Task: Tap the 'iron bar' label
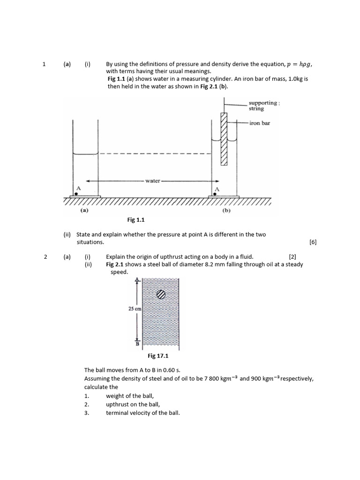click(x=259, y=123)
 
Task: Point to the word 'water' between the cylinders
click(x=153, y=180)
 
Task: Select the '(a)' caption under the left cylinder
click(x=84, y=211)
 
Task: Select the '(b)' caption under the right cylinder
click(x=226, y=211)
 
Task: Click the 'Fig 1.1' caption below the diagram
click(x=137, y=219)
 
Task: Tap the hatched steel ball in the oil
click(x=161, y=294)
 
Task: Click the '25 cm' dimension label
click(x=135, y=309)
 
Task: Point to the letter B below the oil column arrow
click(x=137, y=344)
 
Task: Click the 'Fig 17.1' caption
click(x=158, y=356)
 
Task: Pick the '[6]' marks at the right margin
click(x=313, y=242)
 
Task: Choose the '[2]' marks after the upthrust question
click(x=292, y=256)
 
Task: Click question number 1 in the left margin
click(x=44, y=64)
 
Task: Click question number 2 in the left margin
click(x=45, y=256)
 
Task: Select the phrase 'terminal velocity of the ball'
click(x=143, y=412)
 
